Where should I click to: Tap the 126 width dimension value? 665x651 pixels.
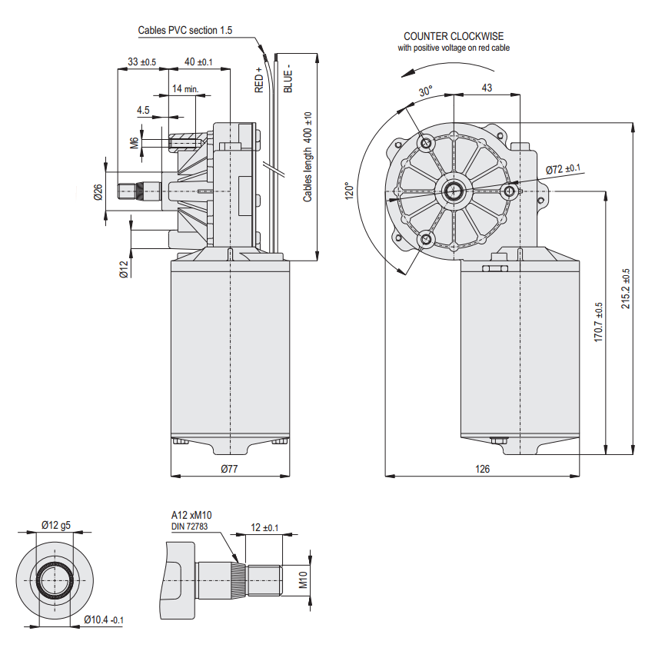coord(482,468)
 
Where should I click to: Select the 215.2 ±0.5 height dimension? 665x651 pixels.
coord(626,288)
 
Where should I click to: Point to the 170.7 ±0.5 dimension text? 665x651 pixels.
coord(599,322)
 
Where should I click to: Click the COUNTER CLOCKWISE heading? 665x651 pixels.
coord(453,36)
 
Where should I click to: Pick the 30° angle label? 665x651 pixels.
coord(425,91)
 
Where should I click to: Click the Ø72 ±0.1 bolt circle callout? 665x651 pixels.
coord(563,169)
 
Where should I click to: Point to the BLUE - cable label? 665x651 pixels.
coord(288,78)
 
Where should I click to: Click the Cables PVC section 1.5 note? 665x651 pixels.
coord(185,31)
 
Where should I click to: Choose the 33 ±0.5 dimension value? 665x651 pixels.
coord(141,61)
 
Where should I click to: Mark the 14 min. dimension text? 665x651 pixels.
coord(185,89)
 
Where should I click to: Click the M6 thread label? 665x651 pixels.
coord(133,142)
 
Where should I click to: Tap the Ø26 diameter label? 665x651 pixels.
coord(98,192)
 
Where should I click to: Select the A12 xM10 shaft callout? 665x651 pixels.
coord(191,515)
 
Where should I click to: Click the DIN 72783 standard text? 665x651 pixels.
coord(190,526)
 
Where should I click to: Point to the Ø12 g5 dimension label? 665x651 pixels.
coord(56,526)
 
